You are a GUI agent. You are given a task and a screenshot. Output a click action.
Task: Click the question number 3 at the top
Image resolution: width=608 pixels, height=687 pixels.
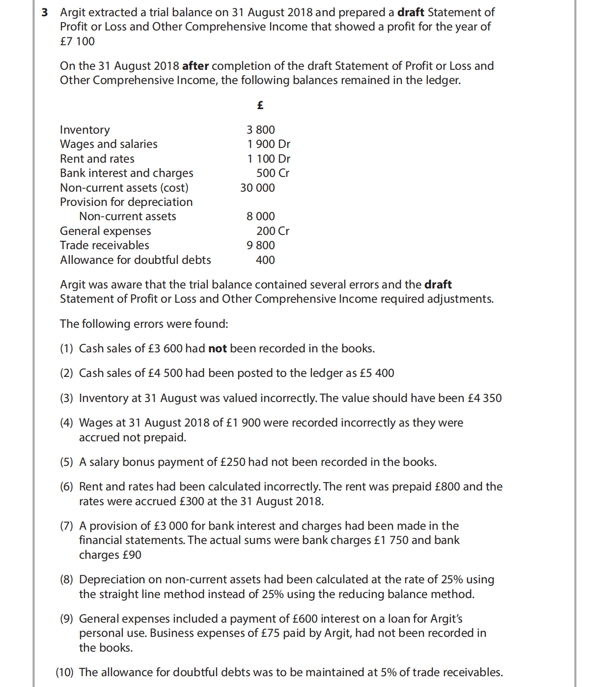45,12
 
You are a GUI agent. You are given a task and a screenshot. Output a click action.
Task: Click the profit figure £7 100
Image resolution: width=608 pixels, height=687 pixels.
77,41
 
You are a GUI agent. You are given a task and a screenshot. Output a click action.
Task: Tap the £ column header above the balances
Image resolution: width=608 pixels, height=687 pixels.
260,105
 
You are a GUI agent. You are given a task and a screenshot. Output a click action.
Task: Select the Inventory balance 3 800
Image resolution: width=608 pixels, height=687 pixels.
260,130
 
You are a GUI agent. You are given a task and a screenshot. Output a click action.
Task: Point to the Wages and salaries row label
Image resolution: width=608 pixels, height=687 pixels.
109,144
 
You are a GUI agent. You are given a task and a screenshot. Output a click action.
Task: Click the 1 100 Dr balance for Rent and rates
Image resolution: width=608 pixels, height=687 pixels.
268,159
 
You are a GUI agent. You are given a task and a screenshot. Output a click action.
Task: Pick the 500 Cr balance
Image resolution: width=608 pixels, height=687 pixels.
273,173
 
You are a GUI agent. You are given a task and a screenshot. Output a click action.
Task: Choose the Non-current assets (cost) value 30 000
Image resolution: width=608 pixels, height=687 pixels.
257,188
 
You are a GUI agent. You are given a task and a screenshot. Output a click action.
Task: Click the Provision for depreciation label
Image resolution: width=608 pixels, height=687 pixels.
126,202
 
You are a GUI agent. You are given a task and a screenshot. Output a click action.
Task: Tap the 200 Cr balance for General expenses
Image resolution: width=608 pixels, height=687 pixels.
273,231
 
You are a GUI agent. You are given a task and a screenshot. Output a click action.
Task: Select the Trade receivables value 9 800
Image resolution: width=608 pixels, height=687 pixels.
260,245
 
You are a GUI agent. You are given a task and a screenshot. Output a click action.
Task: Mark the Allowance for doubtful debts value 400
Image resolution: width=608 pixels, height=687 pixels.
265,260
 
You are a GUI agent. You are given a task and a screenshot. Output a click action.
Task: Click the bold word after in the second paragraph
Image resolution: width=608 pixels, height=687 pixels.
195,66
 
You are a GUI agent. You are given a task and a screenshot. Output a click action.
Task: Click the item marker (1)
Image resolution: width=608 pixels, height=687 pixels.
66,348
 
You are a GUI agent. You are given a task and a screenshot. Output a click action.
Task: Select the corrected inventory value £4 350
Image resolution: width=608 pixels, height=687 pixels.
485,398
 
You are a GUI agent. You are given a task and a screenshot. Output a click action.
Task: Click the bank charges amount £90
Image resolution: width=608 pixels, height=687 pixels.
132,555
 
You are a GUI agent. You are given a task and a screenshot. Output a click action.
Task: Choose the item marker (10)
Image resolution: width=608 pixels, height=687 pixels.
64,672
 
